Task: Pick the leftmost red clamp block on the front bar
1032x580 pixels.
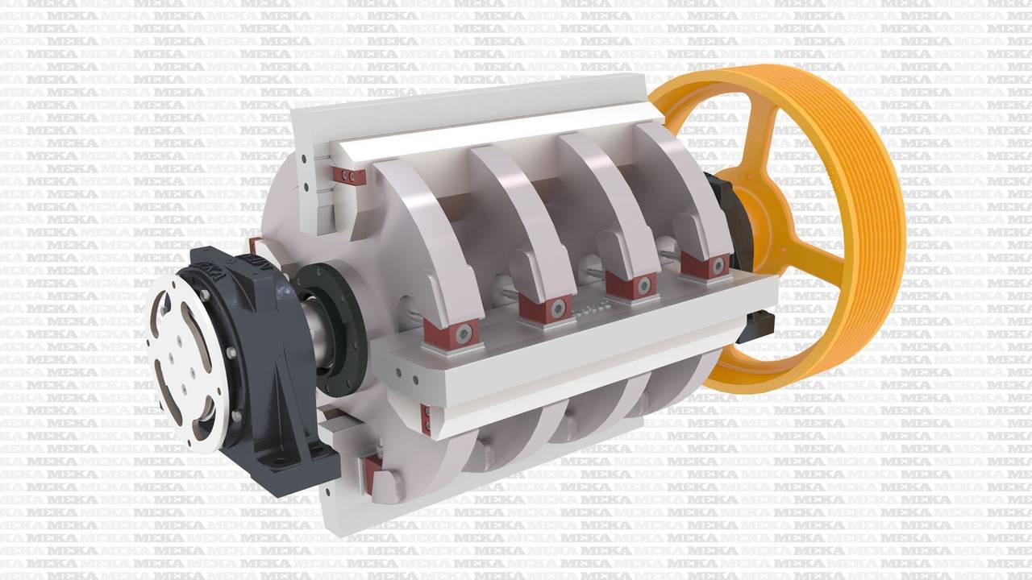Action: (452, 334)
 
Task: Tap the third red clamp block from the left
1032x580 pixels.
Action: (631, 283)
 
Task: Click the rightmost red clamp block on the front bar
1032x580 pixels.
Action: (705, 263)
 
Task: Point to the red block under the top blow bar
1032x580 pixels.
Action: (349, 176)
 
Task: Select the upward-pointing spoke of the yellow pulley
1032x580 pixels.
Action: (763, 138)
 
